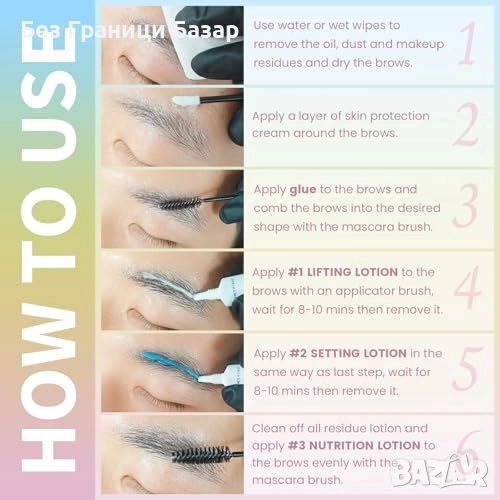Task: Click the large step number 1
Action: (468, 43)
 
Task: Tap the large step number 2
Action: (466, 124)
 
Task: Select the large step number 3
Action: (466, 206)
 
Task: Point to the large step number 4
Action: (468, 287)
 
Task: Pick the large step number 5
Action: (467, 368)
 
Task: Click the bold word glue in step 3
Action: (303, 190)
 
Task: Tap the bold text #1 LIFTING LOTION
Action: (343, 272)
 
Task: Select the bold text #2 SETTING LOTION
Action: (348, 353)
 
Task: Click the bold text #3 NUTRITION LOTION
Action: (354, 445)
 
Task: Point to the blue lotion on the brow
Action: (170, 362)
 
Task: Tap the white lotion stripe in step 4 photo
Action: (168, 282)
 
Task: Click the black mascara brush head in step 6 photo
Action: (202, 454)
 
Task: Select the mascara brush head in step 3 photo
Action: (181, 203)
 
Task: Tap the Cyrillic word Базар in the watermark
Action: (206, 31)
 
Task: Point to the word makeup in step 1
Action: (423, 45)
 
